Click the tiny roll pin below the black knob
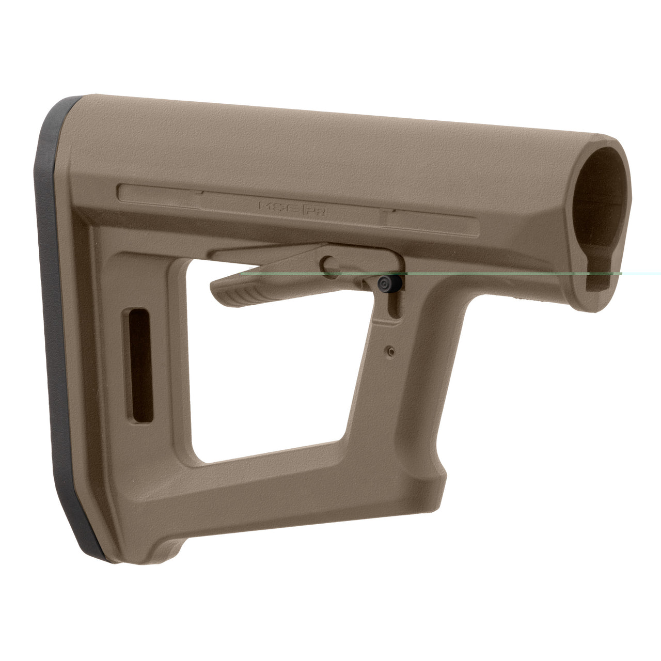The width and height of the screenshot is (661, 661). (391, 351)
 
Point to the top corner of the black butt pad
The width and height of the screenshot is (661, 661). (72, 101)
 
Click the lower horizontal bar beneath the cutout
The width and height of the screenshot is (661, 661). (289, 491)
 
